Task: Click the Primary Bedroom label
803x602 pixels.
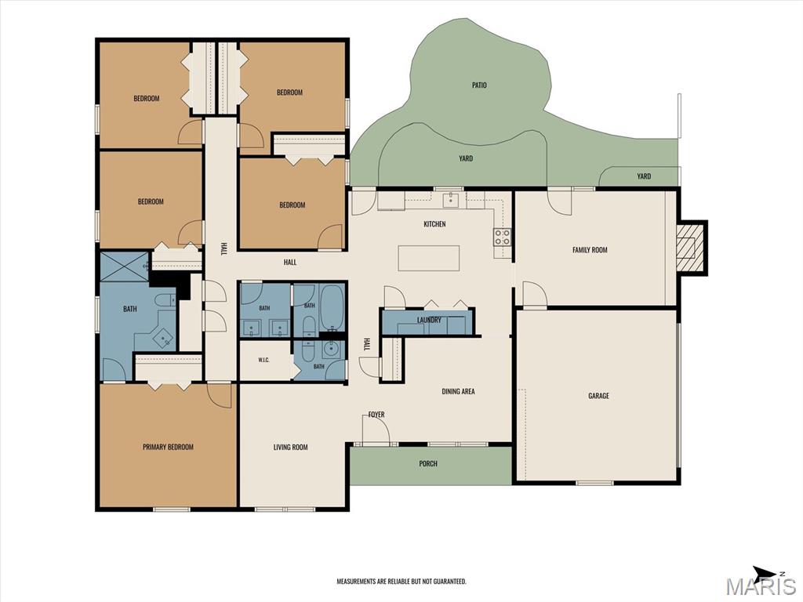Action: [168, 447]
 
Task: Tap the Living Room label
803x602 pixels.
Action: [290, 447]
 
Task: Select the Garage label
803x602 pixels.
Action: [598, 396]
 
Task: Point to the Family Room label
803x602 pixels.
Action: [590, 250]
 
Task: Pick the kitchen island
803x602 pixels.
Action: [429, 258]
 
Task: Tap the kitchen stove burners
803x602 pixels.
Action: [501, 237]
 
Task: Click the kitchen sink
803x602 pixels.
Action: [451, 200]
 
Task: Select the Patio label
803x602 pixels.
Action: [479, 85]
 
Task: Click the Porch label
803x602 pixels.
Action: [428, 464]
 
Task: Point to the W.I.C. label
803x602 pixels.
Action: [263, 360]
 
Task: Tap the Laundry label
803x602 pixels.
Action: [429, 320]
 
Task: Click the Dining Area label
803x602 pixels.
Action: [458, 392]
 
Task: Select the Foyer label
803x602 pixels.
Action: [376, 415]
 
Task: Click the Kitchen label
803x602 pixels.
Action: [434, 223]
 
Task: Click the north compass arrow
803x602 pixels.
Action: [765, 572]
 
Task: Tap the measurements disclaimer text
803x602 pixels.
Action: [401, 581]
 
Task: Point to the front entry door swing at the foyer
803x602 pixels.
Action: [379, 427]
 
